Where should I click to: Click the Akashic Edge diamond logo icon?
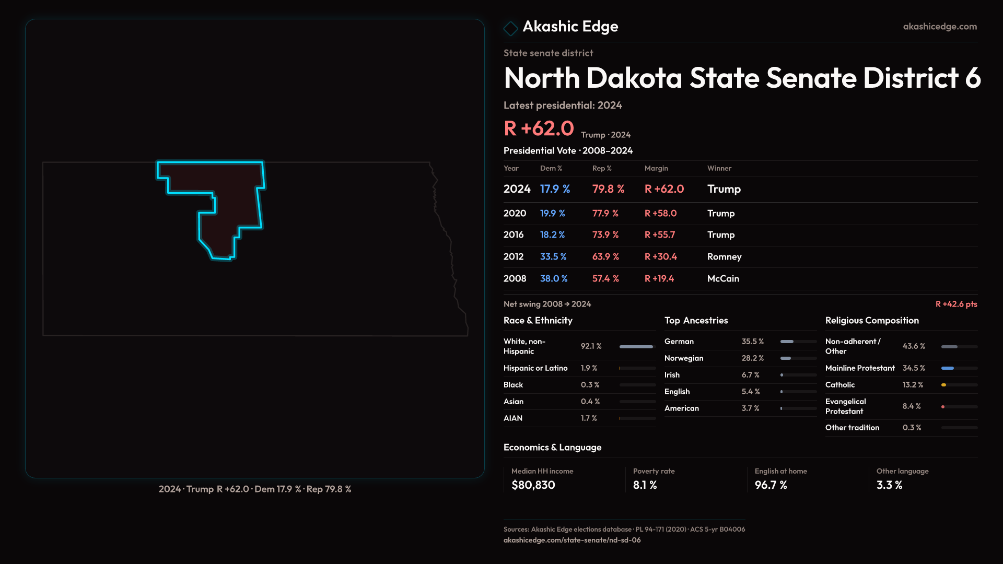click(x=510, y=28)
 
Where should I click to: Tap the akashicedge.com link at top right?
click(x=940, y=27)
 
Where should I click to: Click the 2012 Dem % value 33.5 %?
click(x=553, y=257)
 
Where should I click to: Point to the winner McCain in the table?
click(x=723, y=279)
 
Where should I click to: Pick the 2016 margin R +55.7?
click(x=660, y=235)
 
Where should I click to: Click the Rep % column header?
click(x=602, y=168)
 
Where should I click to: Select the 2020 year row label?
click(x=515, y=214)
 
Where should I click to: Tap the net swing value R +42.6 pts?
click(x=956, y=304)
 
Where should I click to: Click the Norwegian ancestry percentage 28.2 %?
click(x=753, y=358)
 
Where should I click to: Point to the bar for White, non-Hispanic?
click(x=636, y=347)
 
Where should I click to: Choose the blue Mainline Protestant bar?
click(x=948, y=368)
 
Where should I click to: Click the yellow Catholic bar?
click(x=944, y=385)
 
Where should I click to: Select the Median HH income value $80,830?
click(x=533, y=485)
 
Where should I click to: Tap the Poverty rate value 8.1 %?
click(x=645, y=485)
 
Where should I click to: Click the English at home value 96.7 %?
click(x=771, y=485)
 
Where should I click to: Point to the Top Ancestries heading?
click(x=696, y=321)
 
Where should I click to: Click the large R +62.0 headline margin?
click(x=539, y=128)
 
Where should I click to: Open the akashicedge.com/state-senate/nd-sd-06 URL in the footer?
click(x=572, y=540)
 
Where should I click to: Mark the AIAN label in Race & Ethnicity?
click(x=513, y=418)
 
